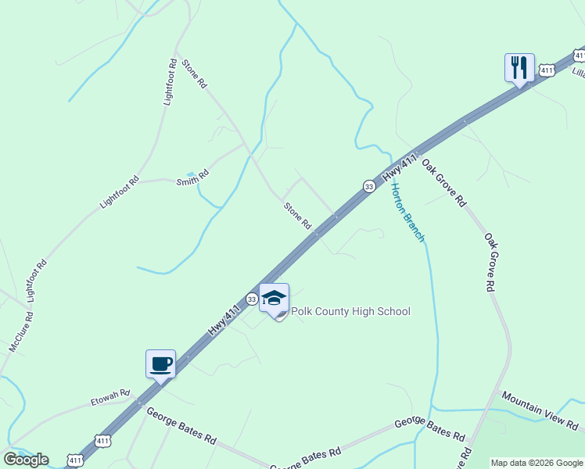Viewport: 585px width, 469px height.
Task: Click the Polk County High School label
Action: [x=350, y=312]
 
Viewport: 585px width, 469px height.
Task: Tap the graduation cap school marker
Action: [x=274, y=299]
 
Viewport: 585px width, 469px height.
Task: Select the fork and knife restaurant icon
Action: [x=519, y=68]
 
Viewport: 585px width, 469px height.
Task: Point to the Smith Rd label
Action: [x=192, y=177]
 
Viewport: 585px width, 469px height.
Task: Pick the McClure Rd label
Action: [x=21, y=332]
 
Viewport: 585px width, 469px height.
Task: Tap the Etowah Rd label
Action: [x=109, y=399]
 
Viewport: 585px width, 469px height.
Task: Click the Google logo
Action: [x=25, y=460]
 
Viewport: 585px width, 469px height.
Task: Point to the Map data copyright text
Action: [x=537, y=463]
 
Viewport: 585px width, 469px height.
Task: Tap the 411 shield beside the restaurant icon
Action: [x=547, y=70]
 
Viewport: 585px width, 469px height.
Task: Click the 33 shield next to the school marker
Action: [x=252, y=299]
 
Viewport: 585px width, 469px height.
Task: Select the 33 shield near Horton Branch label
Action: [x=368, y=186]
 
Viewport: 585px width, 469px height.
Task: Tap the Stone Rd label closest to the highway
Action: [x=297, y=216]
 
